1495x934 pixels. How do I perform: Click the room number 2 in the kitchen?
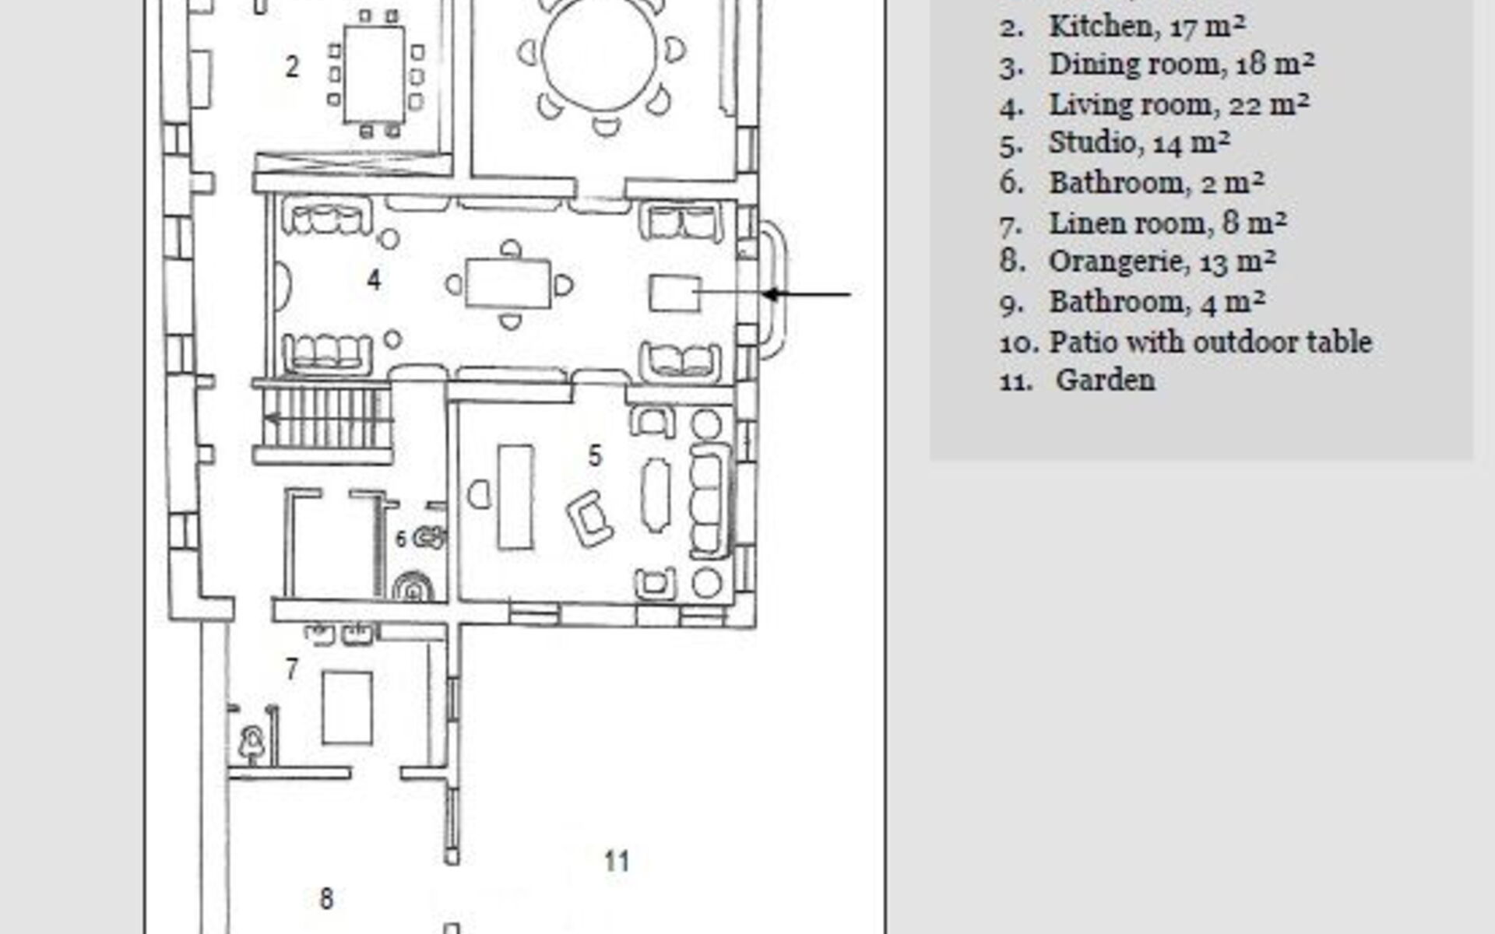pos(292,67)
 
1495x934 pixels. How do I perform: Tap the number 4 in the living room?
pos(374,279)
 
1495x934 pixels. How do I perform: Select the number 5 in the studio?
pos(595,455)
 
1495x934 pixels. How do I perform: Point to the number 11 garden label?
pos(617,861)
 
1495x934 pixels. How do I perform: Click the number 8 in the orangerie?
pos(326,899)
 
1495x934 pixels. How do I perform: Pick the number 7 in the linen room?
pos(291,669)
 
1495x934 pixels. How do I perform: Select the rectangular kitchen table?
pos(375,74)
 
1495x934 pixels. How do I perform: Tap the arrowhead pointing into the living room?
pos(772,294)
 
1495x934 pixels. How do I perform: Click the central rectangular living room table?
pos(508,283)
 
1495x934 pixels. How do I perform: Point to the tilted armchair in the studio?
pos(589,518)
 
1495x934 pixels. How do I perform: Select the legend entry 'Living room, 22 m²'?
pos(1178,105)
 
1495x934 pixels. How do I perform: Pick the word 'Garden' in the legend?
pos(1106,381)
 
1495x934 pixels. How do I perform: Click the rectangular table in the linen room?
pos(347,708)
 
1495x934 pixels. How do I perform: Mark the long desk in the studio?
pos(515,497)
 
